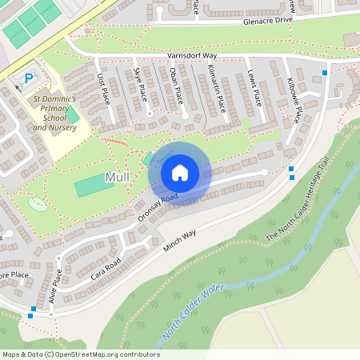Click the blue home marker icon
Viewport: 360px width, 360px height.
(179, 173)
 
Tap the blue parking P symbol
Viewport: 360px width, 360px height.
(29, 78)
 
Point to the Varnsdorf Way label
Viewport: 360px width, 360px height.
(193, 57)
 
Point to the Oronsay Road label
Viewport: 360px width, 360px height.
(158, 206)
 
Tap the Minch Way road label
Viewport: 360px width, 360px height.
(179, 243)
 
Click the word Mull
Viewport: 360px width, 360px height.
(117, 177)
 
